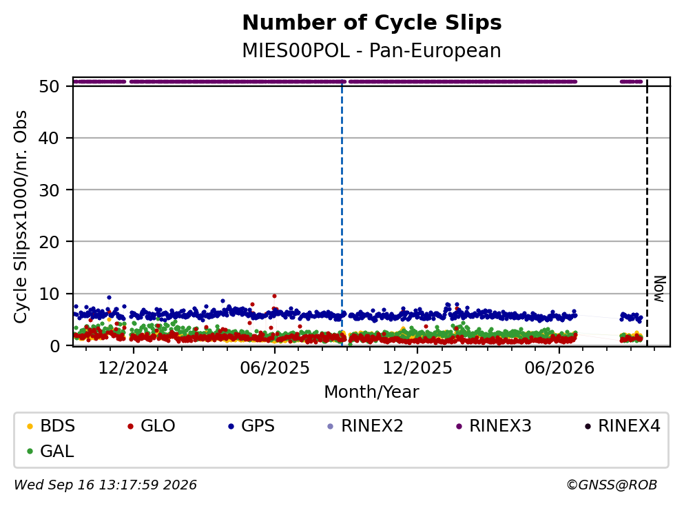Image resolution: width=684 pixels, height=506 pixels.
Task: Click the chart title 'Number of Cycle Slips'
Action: tap(372, 23)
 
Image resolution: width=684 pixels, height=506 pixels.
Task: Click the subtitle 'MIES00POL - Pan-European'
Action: tap(371, 51)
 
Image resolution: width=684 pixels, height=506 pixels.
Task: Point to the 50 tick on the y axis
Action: tap(49, 86)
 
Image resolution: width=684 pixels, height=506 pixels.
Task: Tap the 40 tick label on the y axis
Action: tap(49, 139)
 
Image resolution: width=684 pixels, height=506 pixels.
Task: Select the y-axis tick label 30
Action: tap(49, 190)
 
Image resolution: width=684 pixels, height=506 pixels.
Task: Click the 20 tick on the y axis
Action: tap(49, 242)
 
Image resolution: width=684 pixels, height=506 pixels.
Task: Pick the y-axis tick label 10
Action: tap(49, 294)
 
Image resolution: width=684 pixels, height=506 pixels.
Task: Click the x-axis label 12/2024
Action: tap(133, 368)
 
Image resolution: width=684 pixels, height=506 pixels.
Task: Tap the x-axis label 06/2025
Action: tap(275, 368)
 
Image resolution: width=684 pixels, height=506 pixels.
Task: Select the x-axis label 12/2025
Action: tap(417, 368)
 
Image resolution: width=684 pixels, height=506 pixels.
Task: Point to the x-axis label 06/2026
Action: tap(559, 368)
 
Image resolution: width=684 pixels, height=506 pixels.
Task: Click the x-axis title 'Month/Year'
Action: tap(371, 392)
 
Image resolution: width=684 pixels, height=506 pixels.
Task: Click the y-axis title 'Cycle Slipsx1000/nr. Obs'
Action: tap(21, 216)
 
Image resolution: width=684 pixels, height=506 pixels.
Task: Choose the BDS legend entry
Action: tap(51, 426)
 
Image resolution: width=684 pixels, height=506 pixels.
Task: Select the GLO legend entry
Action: tap(152, 426)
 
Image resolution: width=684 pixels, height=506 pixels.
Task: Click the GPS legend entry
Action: tap(251, 426)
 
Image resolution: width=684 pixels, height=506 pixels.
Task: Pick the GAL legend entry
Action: tap(50, 452)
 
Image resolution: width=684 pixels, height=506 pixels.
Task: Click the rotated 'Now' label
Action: tap(661, 289)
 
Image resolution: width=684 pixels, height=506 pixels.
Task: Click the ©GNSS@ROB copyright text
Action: tap(612, 485)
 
